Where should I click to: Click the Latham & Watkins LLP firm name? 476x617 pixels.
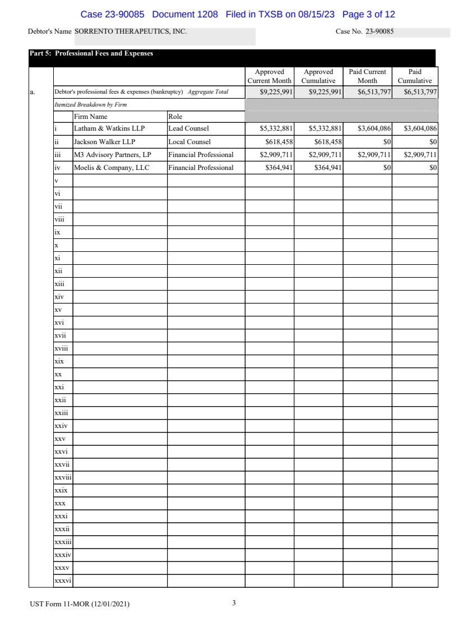[109, 128]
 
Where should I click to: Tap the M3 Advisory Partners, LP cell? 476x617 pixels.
[113, 155]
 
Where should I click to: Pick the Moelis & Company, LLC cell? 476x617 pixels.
[112, 168]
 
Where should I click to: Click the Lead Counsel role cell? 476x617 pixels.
[188, 128]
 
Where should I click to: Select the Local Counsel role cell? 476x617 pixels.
[190, 142]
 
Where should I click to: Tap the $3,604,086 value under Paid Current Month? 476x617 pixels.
[374, 128]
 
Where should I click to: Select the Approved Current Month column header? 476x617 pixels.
[270, 76]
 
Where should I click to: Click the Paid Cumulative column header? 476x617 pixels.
[415, 76]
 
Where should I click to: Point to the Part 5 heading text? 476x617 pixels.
[91, 54]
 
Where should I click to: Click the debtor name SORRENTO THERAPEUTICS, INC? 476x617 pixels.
[131, 32]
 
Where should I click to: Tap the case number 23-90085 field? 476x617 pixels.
[380, 32]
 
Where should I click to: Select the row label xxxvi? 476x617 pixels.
[63, 581]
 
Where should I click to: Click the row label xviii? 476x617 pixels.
[61, 348]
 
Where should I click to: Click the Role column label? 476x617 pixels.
[175, 117]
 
